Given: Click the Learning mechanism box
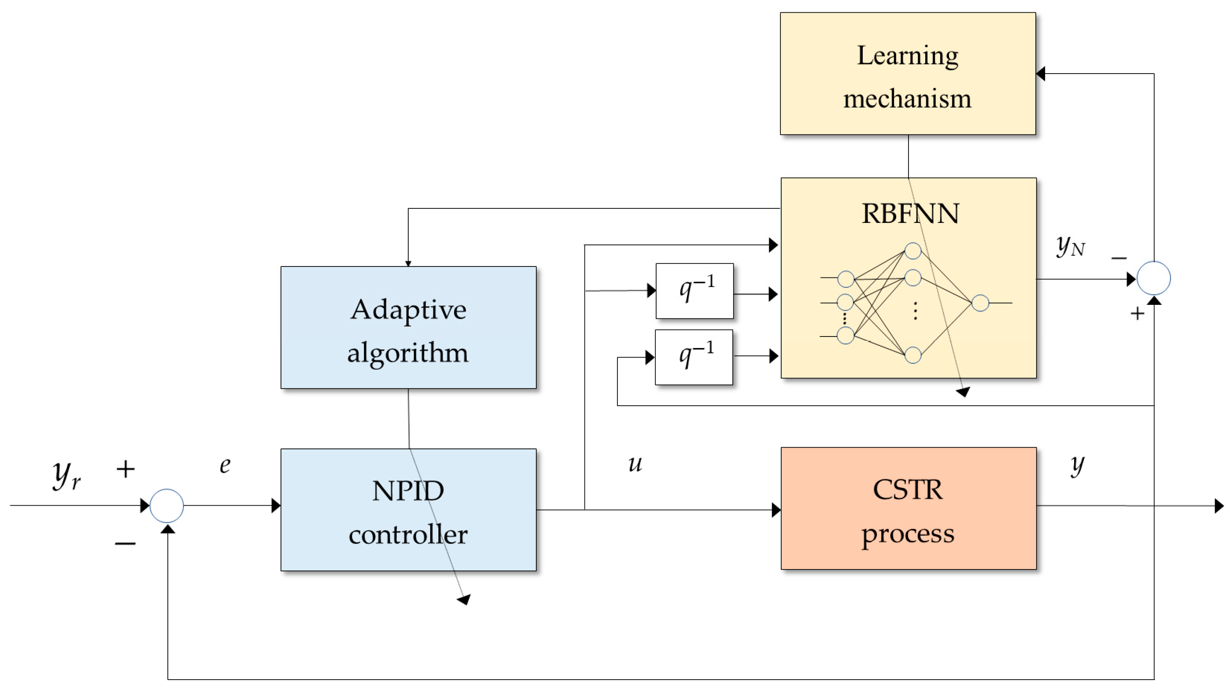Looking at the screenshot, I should pos(907,74).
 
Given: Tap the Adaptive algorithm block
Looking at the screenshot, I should pos(408,328).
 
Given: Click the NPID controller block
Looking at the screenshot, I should pos(408,510).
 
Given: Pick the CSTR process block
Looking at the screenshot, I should pos(908,509).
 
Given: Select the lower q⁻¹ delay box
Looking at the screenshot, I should pos(694,357).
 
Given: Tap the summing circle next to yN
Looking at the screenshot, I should pos(1153,278).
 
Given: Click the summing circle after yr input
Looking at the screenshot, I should pos(166,506).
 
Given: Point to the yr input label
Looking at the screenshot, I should pos(66,475).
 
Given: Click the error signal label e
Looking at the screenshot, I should pos(225,465).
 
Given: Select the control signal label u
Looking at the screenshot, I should pos(635,464).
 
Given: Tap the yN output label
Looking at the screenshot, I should pos(1070,246).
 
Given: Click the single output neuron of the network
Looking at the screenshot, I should pos(980,303).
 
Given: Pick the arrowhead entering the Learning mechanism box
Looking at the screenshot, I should pos(1041,74).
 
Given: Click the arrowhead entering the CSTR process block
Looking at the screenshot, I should pos(776,510).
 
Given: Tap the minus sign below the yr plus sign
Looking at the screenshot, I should pos(125,544).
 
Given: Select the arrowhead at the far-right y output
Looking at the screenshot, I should pos(1219,506).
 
